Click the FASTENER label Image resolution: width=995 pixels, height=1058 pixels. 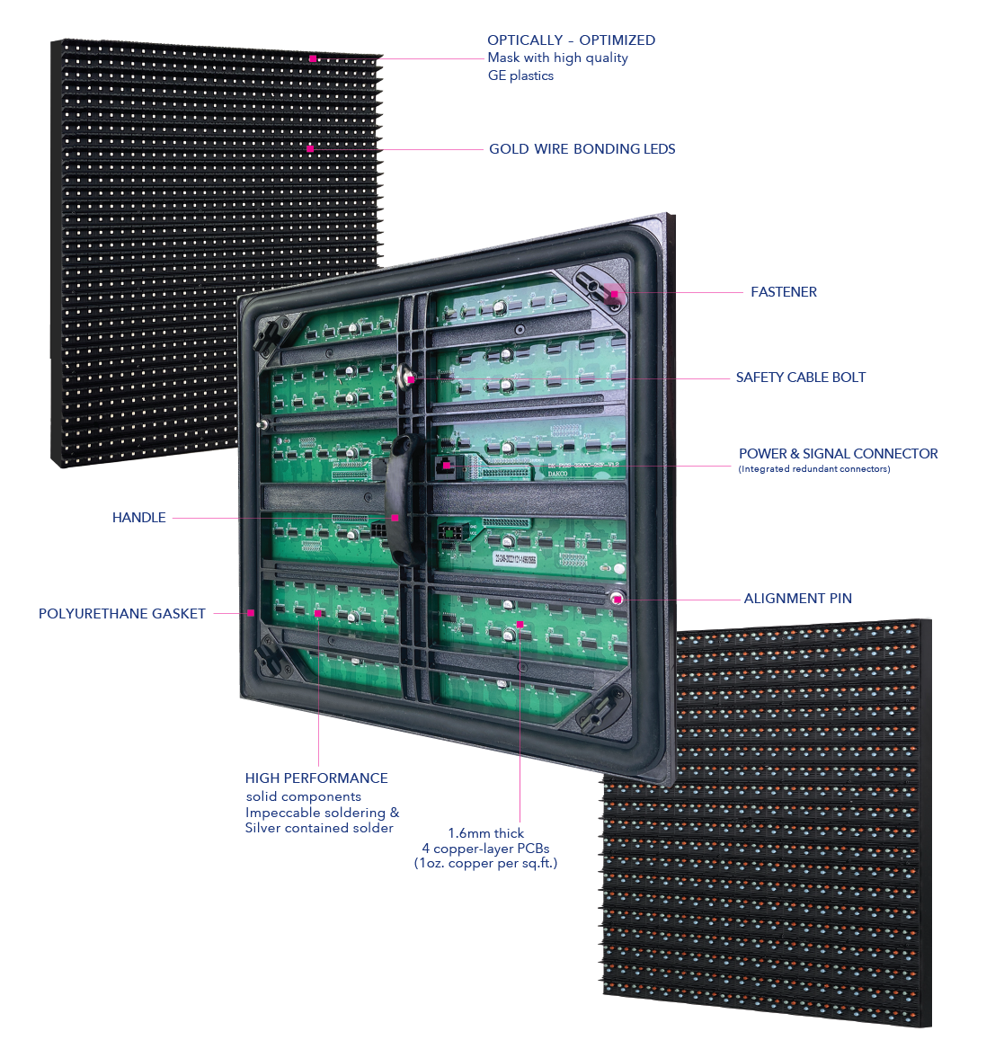coord(783,292)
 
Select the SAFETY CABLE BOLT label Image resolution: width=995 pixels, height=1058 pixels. coord(800,378)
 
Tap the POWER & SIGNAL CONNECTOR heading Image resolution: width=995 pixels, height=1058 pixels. coord(838,454)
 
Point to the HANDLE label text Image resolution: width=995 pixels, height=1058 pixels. coord(139,518)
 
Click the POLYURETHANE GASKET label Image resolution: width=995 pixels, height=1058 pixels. coord(122,614)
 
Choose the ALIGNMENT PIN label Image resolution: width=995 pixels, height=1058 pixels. coord(797,599)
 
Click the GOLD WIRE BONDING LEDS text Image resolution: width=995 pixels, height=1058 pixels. coord(582,149)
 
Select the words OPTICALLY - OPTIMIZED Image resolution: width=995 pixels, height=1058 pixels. coord(571,40)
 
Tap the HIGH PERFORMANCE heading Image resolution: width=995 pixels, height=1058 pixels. coord(316,778)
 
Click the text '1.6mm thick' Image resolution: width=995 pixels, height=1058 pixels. coord(486,833)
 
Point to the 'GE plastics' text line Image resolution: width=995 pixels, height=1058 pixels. coord(520,76)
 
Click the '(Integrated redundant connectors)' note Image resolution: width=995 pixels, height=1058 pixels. coord(813,469)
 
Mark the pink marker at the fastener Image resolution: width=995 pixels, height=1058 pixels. coord(615,293)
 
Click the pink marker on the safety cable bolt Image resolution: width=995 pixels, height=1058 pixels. coord(411,379)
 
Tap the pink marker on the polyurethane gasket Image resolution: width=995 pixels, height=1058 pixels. coord(251,613)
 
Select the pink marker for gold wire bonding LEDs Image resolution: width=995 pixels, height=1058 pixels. coord(310,148)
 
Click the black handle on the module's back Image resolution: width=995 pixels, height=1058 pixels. coord(406,499)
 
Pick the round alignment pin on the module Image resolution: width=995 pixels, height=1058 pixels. coord(617,599)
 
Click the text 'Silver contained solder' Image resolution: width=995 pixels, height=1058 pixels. coord(319,828)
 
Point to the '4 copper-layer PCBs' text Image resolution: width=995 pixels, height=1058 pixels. coord(485,849)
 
